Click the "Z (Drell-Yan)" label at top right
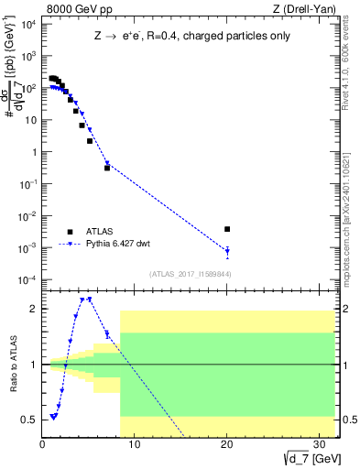302,10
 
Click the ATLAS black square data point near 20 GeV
227,229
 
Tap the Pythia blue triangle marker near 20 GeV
227,250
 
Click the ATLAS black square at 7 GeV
107,168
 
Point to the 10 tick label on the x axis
135,446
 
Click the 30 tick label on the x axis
319,446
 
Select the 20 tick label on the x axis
227,446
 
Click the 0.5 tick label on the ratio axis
27,420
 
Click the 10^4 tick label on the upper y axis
26,25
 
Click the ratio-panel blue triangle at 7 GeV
107,334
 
